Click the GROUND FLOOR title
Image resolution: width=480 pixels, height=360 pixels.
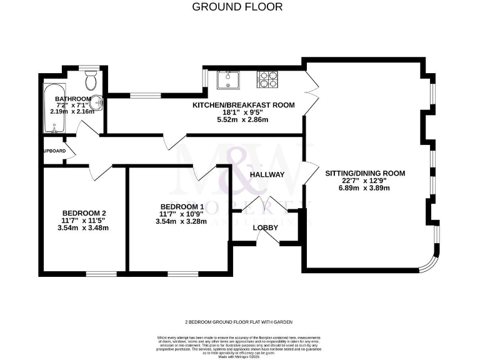(237, 7)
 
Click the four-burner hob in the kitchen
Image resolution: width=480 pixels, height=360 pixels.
(269, 79)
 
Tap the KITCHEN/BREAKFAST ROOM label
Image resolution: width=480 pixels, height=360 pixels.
(243, 105)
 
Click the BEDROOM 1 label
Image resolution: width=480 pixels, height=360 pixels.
(182, 207)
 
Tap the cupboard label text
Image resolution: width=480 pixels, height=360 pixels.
(54, 151)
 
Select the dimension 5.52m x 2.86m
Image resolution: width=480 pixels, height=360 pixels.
(243, 119)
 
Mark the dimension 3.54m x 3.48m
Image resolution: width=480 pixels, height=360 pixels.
(83, 227)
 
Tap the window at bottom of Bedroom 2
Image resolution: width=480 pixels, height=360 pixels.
(101, 273)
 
